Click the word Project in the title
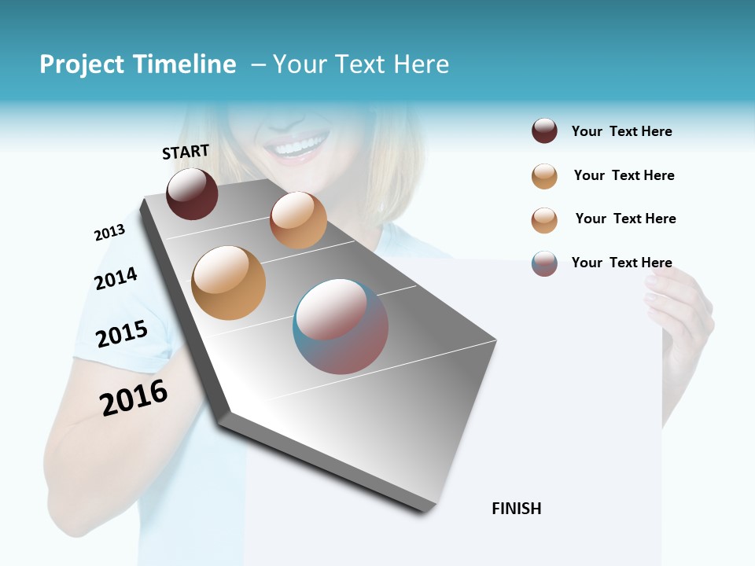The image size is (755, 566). (81, 64)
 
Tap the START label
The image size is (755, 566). (186, 152)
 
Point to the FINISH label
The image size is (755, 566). (517, 509)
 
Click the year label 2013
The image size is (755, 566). (109, 233)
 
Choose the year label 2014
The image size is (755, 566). (116, 278)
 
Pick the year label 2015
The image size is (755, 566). (122, 334)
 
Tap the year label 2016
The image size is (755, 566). (134, 397)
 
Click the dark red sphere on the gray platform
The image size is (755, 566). (192, 193)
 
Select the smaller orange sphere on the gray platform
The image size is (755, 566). (298, 220)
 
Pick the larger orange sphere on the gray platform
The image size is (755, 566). (229, 283)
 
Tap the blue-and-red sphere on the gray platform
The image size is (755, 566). (341, 326)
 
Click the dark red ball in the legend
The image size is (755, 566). (544, 130)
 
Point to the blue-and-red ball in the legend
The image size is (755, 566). (544, 263)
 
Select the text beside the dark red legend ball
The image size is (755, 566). (621, 131)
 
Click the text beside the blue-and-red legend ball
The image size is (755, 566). (621, 263)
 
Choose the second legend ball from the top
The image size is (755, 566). (544, 176)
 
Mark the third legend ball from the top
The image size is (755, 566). (544, 220)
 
